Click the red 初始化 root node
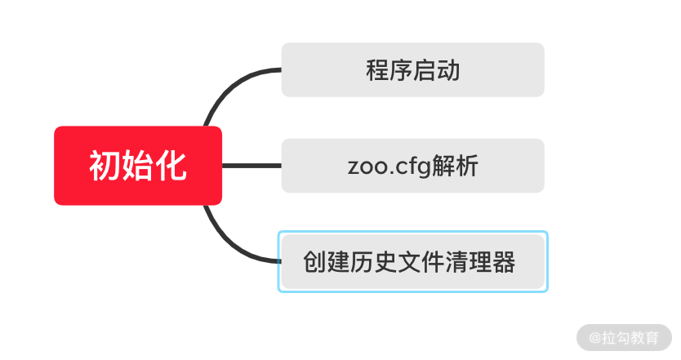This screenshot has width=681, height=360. [138, 166]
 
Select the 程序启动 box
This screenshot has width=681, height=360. [412, 70]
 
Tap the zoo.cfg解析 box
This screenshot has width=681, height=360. [412, 166]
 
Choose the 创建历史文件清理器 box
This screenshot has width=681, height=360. [412, 262]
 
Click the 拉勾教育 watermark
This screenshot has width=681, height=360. [624, 337]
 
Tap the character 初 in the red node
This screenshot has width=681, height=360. [105, 167]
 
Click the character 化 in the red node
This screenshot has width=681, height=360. [171, 167]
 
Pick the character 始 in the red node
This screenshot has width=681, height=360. [138, 167]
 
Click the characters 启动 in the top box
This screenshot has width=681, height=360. [437, 71]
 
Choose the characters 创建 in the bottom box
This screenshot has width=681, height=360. [327, 263]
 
